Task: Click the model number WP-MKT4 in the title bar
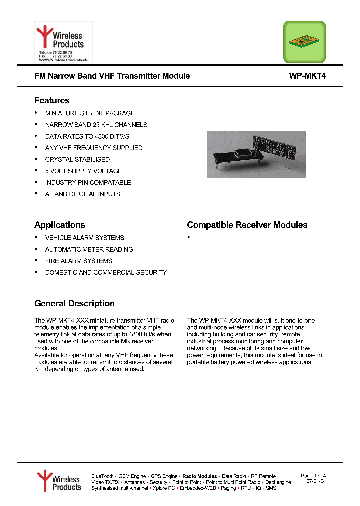307,76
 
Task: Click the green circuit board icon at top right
304,42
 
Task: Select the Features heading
52,100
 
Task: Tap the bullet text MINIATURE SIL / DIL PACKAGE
90,113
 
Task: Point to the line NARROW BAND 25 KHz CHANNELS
96,125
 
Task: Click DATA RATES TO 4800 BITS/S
87,136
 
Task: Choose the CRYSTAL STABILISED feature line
77,159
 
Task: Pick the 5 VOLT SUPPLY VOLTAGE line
83,171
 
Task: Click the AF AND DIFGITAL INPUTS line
83,194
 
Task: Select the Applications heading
60,225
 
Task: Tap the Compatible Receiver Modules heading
247,225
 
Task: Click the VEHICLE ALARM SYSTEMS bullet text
84,238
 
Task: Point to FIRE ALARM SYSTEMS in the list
78,261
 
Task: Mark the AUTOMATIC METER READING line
89,249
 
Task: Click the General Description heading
74,303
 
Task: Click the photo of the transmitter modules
256,154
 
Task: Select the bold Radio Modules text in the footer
200,476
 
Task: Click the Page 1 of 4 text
313,475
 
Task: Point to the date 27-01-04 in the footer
316,481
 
